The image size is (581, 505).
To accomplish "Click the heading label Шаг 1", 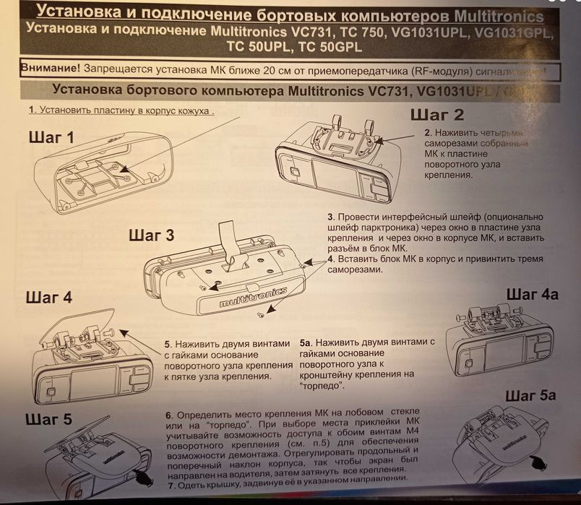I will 51,137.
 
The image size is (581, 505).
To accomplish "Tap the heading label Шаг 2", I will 437,114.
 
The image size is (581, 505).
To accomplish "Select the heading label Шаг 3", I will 151,235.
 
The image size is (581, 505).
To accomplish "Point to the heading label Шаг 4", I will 48,297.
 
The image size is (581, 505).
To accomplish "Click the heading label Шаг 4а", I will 532,294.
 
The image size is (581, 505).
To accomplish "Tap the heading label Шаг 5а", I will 530,395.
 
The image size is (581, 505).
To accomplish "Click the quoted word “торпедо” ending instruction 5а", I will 319,388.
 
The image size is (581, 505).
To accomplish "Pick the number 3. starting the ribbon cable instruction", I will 330,216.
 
